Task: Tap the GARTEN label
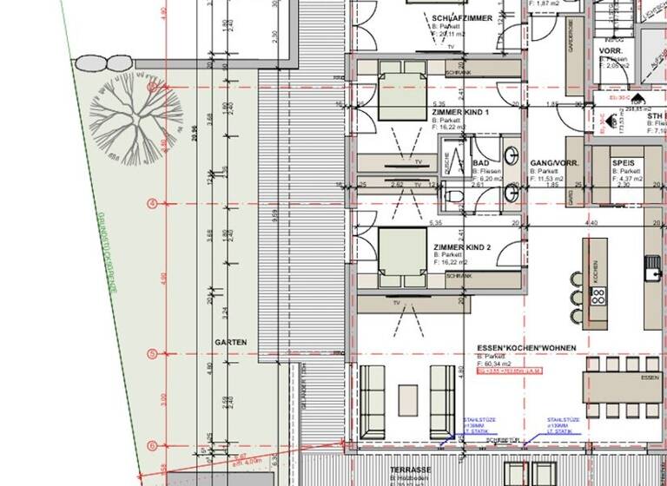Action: (231, 343)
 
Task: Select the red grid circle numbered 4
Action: (153, 204)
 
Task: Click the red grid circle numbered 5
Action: (153, 354)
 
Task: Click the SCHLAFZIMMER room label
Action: (461, 18)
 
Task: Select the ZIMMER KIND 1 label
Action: (460, 113)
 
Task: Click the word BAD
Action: (480, 163)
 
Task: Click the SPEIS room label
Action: (623, 163)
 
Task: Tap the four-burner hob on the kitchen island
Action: (598, 299)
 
